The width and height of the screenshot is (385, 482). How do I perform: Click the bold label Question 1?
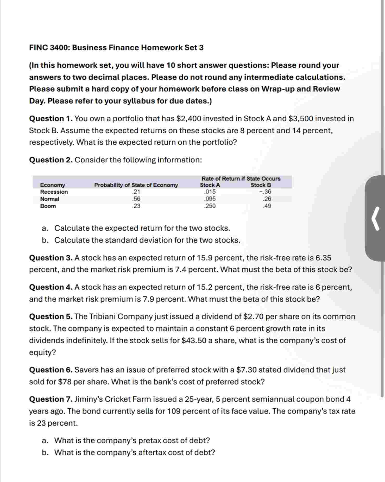(x=51, y=119)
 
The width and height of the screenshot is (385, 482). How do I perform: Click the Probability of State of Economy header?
(x=136, y=185)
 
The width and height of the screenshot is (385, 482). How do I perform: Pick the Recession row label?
(x=54, y=192)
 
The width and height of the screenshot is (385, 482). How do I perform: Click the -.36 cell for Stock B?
(x=265, y=192)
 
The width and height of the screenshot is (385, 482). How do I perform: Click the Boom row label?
(x=48, y=206)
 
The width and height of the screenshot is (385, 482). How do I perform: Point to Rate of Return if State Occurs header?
(x=241, y=179)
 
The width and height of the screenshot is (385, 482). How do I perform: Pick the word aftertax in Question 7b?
(x=152, y=453)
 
